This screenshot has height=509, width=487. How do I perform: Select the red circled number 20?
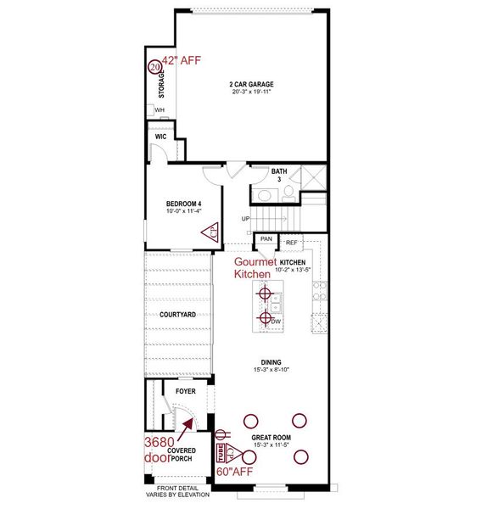click(154, 66)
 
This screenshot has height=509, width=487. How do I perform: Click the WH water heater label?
click(160, 109)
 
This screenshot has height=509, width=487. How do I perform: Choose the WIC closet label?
click(160, 136)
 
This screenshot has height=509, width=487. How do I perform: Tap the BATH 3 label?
click(280, 175)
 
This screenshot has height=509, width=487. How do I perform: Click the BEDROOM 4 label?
click(183, 204)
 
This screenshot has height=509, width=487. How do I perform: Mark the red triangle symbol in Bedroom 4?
click(210, 230)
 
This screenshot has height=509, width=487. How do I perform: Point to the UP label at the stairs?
click(246, 219)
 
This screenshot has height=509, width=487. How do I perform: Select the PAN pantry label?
click(266, 239)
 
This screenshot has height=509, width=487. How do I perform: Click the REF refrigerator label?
click(291, 243)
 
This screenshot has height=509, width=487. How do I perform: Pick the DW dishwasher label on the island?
click(277, 321)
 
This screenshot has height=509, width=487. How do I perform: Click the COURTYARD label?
click(177, 315)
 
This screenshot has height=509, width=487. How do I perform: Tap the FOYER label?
click(186, 392)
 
